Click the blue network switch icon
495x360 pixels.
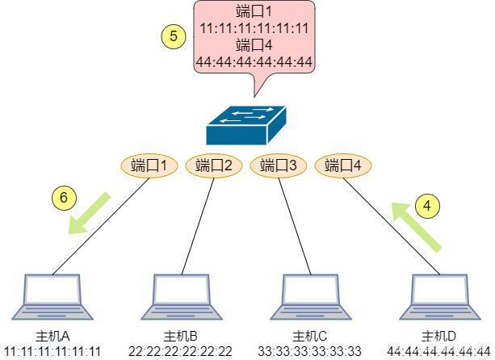pos(246,125)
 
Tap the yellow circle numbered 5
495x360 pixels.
pos(174,36)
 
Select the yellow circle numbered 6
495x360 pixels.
pos(64,198)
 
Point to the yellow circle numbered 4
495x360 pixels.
pos(427,206)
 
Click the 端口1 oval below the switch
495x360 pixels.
pos(149,165)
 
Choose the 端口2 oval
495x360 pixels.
pos(214,165)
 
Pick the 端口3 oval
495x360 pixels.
pos(278,165)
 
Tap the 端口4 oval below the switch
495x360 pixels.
pos(343,165)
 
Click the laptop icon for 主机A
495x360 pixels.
pos(52,297)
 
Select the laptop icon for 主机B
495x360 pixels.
pos(181,297)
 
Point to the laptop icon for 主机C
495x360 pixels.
pos(311,297)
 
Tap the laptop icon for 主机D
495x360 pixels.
pos(440,297)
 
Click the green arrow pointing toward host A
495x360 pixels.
pos(89,214)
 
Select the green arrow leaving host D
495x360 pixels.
pos(417,227)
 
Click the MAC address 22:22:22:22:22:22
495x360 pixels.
pos(181,351)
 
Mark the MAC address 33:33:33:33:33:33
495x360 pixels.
pos(310,351)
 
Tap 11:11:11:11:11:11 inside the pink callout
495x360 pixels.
pos(254,29)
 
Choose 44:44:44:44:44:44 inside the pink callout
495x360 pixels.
pos(254,62)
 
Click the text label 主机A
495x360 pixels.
pos(52,337)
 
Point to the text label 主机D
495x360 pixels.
pos(438,337)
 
